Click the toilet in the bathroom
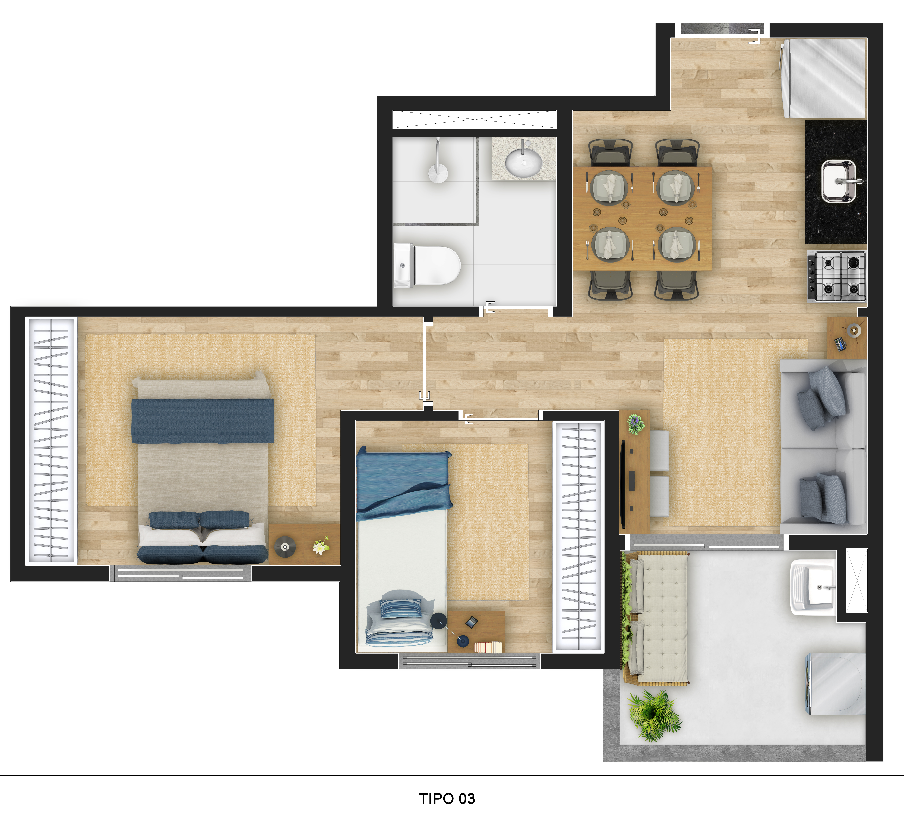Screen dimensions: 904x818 point(427,265)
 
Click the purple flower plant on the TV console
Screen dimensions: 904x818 point(636,424)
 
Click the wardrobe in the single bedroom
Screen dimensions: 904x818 point(579,536)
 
